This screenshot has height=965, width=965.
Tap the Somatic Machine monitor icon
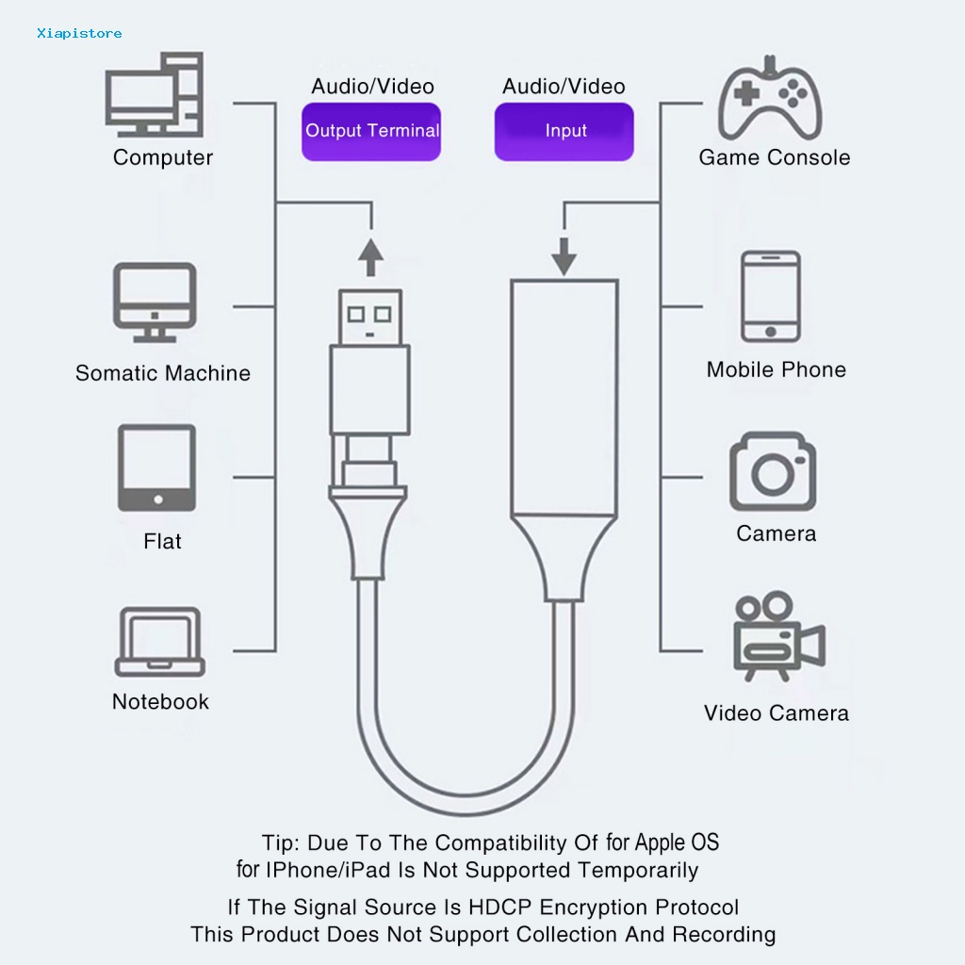point(155,301)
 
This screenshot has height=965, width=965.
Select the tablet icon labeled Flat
point(156,467)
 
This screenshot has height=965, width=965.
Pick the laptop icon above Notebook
point(159,642)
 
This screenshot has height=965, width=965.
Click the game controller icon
point(772,99)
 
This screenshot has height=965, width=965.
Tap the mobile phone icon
point(771,296)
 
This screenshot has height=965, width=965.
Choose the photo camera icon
point(772,472)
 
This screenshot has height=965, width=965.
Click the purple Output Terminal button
point(372,131)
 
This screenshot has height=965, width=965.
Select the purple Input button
point(564,131)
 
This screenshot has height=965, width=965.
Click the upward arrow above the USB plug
point(372,255)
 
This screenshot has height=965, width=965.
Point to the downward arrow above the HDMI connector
point(564,254)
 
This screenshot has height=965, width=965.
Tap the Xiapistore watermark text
point(79,33)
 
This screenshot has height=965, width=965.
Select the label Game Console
point(774,157)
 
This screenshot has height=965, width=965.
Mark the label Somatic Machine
point(163,373)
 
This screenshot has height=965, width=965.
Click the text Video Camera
point(776,712)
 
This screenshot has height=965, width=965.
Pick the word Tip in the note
point(280,842)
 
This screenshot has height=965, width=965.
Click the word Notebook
point(160,701)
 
